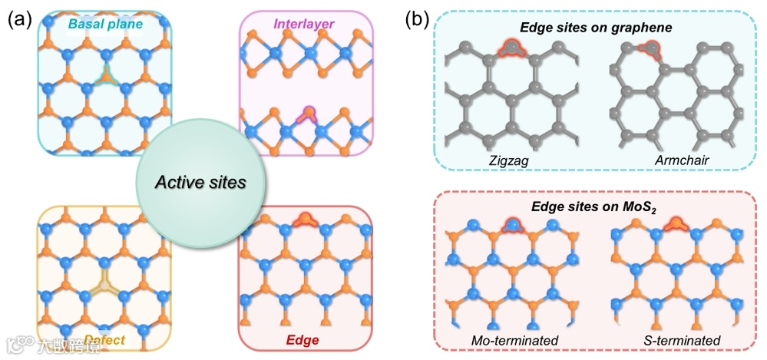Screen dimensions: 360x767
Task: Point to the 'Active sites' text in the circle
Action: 200,183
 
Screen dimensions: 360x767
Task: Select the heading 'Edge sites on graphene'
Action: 585,28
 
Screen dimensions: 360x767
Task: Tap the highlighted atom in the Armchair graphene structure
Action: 652,48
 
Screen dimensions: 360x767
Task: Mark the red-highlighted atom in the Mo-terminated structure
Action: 510,225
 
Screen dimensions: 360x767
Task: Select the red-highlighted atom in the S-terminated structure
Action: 677,224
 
